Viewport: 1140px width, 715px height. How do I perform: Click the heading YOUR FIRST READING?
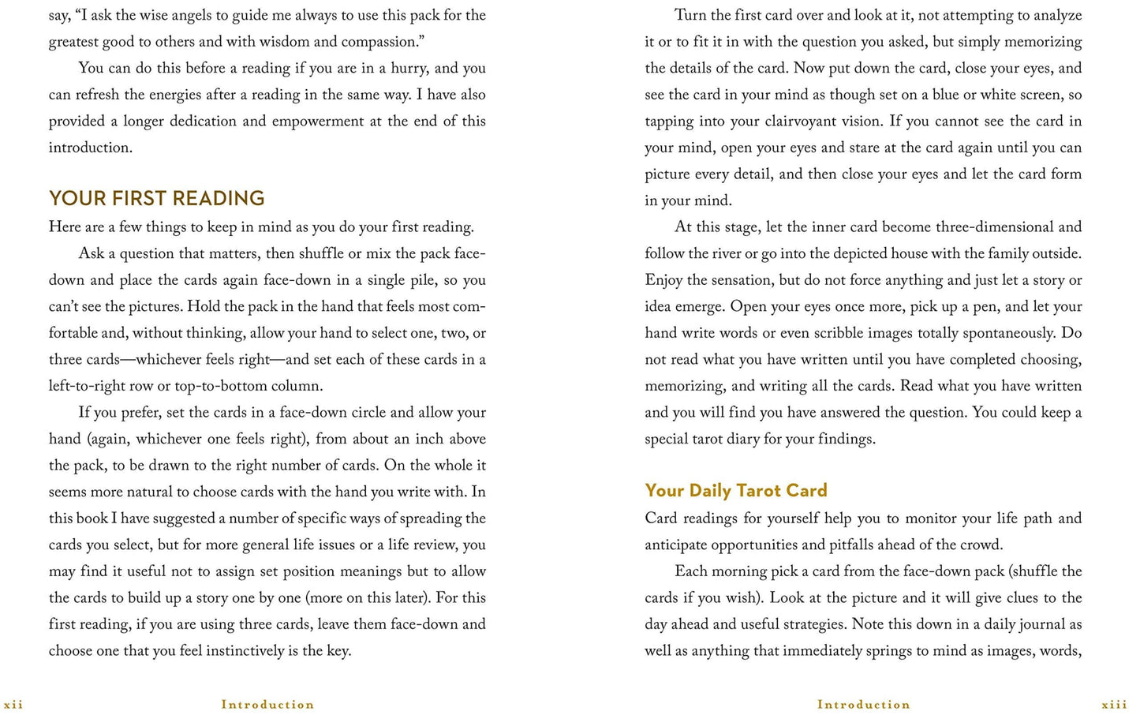(x=156, y=198)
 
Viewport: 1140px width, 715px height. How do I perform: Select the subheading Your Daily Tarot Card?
(x=735, y=491)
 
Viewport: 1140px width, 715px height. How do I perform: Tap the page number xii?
(x=13, y=705)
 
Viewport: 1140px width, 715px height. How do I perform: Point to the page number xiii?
(x=1114, y=705)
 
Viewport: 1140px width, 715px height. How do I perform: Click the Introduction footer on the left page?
(x=267, y=705)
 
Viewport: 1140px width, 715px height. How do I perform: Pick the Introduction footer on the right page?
(x=863, y=705)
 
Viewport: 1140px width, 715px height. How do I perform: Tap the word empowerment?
(x=323, y=122)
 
